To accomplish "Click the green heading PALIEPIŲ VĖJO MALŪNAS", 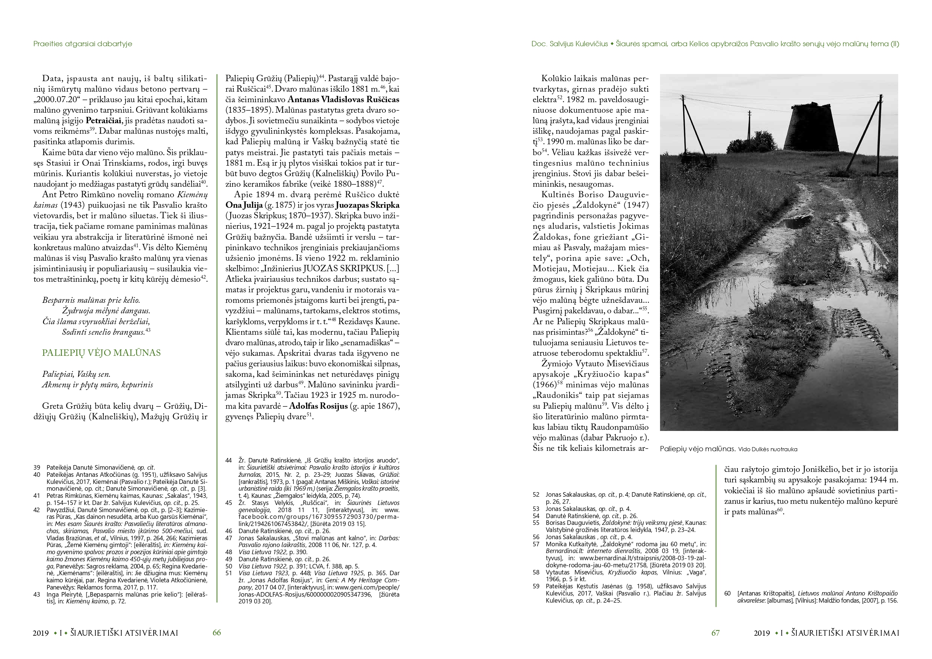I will pyautogui.click(x=101, y=353).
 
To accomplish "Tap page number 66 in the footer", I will pyautogui.click(x=217, y=633).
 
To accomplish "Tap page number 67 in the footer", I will pyautogui.click(x=715, y=633).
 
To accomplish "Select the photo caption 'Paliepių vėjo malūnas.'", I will pyautogui.click(x=697, y=449).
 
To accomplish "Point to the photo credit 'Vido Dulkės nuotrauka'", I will pyautogui.click(x=767, y=449).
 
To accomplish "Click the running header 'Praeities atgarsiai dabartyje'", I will pyautogui.click(x=83, y=44).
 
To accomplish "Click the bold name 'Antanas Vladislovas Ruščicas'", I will pyautogui.click(x=343, y=100).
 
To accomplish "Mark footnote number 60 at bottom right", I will pyautogui.click(x=727, y=593).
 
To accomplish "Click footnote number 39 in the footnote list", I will pyautogui.click(x=37, y=467).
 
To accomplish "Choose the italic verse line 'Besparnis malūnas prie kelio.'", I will pyautogui.click(x=91, y=301).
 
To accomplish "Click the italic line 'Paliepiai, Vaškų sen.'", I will pyautogui.click(x=76, y=374).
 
